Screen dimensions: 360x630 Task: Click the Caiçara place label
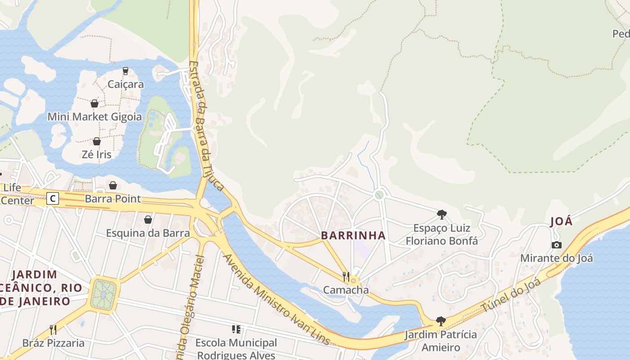click(x=126, y=84)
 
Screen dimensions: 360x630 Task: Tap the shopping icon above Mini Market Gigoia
click(x=94, y=104)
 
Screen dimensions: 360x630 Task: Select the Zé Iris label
click(x=96, y=154)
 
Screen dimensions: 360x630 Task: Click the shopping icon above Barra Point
click(x=112, y=185)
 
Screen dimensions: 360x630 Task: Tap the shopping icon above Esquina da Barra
click(x=148, y=220)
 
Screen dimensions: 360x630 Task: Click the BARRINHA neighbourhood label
click(x=353, y=235)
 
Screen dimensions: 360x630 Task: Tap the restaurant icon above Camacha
click(x=346, y=276)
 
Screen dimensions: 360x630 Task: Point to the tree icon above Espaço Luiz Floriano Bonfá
click(x=441, y=215)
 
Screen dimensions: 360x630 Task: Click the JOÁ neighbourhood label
click(x=561, y=221)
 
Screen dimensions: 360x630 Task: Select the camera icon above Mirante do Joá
click(x=557, y=245)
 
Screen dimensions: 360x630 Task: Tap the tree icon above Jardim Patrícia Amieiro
click(x=441, y=321)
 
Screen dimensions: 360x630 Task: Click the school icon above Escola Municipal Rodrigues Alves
click(x=236, y=330)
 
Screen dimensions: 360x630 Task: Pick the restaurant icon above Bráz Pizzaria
click(x=53, y=330)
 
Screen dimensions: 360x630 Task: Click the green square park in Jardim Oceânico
click(x=104, y=294)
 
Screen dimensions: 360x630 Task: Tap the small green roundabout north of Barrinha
click(x=379, y=195)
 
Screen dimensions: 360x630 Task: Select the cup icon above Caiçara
click(x=126, y=71)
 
